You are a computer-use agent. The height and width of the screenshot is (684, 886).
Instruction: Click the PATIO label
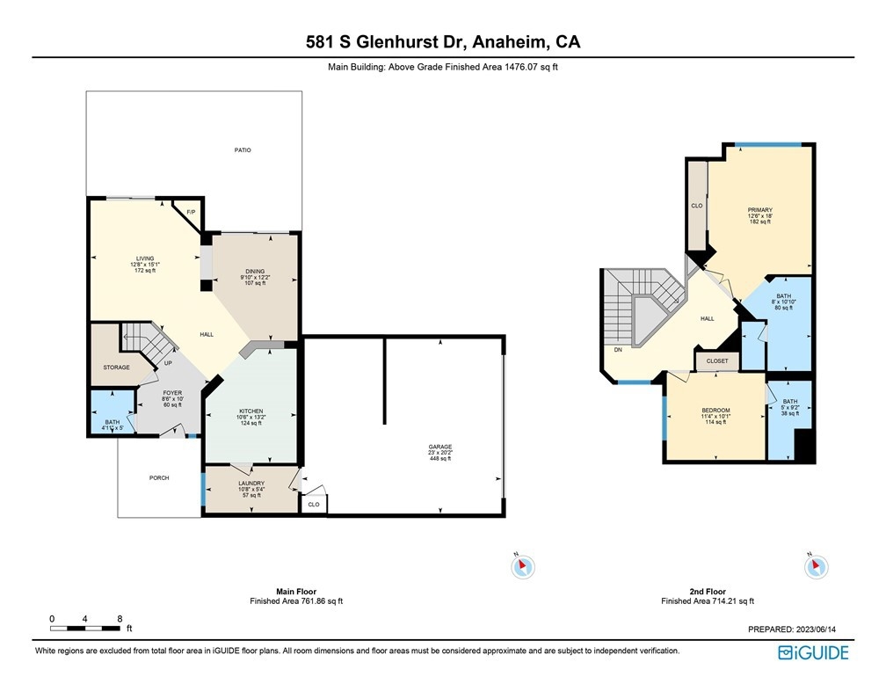click(x=243, y=149)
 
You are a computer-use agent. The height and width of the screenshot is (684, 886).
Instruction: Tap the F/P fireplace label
click(x=191, y=212)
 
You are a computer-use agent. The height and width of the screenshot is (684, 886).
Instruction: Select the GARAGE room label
click(x=439, y=447)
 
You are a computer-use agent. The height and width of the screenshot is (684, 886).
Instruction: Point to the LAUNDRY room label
click(x=251, y=484)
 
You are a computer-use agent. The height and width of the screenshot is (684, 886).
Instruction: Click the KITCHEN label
click(x=251, y=411)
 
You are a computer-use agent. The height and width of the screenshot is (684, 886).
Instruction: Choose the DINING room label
click(x=255, y=272)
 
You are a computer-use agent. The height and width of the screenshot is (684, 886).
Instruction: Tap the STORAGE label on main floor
click(x=116, y=367)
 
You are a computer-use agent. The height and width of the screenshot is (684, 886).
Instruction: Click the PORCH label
click(x=159, y=477)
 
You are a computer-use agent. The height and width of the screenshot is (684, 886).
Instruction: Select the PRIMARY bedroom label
click(x=760, y=210)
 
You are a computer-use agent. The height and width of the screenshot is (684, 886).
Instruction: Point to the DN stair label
click(x=618, y=350)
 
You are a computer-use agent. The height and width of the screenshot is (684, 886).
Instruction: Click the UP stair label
click(x=168, y=363)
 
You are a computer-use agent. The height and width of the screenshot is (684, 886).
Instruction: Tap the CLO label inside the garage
click(x=314, y=505)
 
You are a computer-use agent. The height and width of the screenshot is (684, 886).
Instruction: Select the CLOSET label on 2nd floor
click(x=717, y=360)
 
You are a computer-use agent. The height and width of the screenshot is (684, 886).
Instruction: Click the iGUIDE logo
click(x=813, y=653)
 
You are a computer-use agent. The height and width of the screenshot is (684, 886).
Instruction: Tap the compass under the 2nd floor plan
click(x=816, y=566)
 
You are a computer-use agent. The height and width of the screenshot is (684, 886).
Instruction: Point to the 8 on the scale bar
click(x=120, y=619)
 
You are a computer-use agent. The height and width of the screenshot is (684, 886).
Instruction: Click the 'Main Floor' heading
click(x=296, y=592)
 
